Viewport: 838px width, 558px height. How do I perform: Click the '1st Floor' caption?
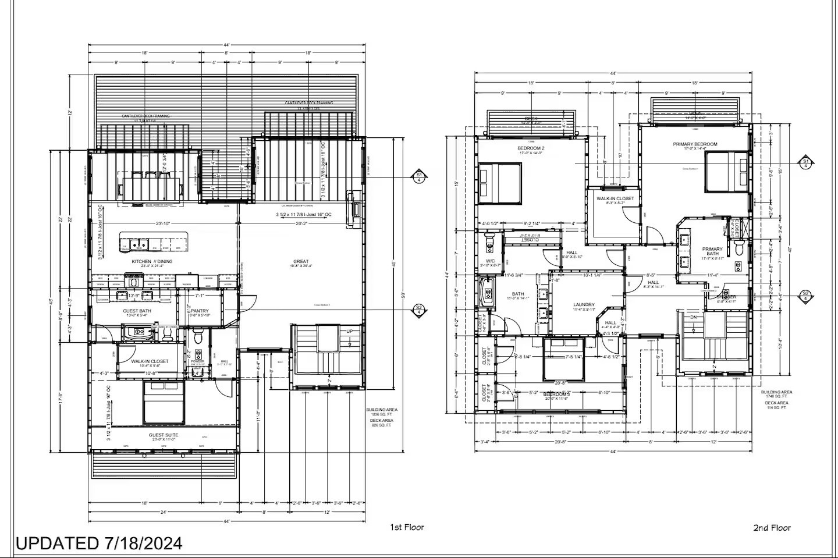[x=407, y=527]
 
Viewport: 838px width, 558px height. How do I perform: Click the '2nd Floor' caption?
[x=772, y=528]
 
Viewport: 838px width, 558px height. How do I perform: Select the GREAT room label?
[x=301, y=261]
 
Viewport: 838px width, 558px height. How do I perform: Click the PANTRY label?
[x=200, y=311]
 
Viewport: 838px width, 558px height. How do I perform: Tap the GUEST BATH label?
[x=137, y=311]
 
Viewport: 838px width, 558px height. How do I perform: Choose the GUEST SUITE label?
[x=164, y=435]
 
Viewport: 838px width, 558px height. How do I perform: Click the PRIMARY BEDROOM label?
[x=695, y=144]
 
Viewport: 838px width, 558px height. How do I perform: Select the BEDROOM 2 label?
[x=531, y=148]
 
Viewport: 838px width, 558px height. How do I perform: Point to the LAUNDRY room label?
[x=584, y=304]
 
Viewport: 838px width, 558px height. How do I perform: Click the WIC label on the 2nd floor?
[x=491, y=261]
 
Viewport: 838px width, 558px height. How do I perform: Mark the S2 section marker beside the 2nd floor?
[x=806, y=295]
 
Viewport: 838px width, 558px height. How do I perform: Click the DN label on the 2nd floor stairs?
[x=694, y=318]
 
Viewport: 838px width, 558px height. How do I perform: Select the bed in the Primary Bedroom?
[x=726, y=171]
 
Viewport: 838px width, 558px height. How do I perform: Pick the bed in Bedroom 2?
[x=500, y=183]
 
